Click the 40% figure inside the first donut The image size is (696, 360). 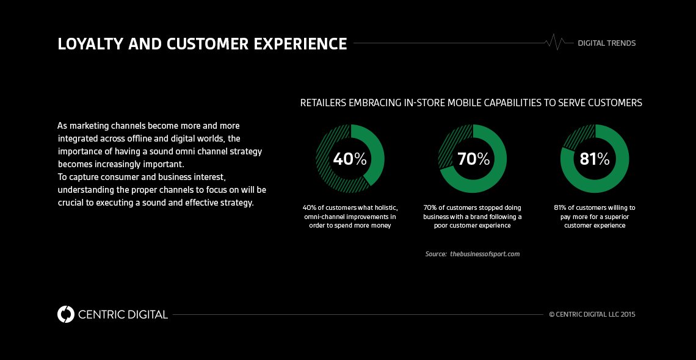(x=349, y=159)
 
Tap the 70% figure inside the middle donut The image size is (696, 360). (x=473, y=159)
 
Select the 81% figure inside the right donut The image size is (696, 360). (x=595, y=159)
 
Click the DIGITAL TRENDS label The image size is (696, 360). (x=606, y=43)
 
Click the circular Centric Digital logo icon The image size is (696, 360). (x=65, y=314)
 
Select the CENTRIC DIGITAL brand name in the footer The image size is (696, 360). (x=123, y=315)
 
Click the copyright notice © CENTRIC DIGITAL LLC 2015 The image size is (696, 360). (x=592, y=315)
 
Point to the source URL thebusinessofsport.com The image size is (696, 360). (x=485, y=254)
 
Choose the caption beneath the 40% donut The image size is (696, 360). (x=350, y=217)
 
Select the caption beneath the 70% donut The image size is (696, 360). (x=473, y=217)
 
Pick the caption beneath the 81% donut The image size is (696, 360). (x=595, y=217)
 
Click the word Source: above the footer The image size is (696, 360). (x=435, y=254)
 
